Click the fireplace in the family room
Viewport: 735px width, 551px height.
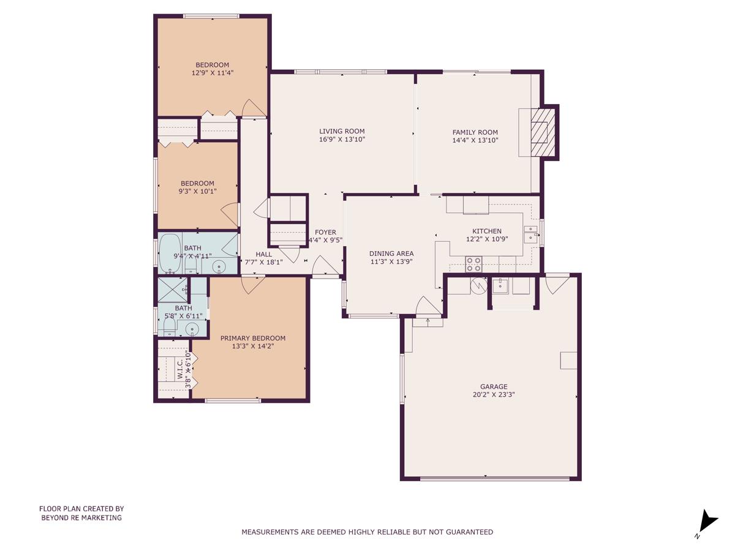click(540, 132)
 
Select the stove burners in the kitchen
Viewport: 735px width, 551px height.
click(474, 264)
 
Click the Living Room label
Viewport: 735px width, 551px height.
click(342, 131)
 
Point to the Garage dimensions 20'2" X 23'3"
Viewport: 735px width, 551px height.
click(493, 395)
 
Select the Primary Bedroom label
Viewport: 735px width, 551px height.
click(253, 338)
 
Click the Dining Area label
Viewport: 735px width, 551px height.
click(391, 253)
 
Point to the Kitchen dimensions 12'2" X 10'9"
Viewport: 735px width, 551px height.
click(486, 239)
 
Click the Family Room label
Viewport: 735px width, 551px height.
click(475, 132)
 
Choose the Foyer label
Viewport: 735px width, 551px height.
click(325, 232)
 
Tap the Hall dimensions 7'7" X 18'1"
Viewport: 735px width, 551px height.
click(263, 263)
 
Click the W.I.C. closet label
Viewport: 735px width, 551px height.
click(179, 370)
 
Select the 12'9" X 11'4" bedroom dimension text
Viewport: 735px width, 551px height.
click(212, 73)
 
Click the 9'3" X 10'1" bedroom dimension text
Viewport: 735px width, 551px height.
click(197, 191)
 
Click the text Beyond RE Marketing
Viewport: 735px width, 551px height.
click(81, 517)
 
